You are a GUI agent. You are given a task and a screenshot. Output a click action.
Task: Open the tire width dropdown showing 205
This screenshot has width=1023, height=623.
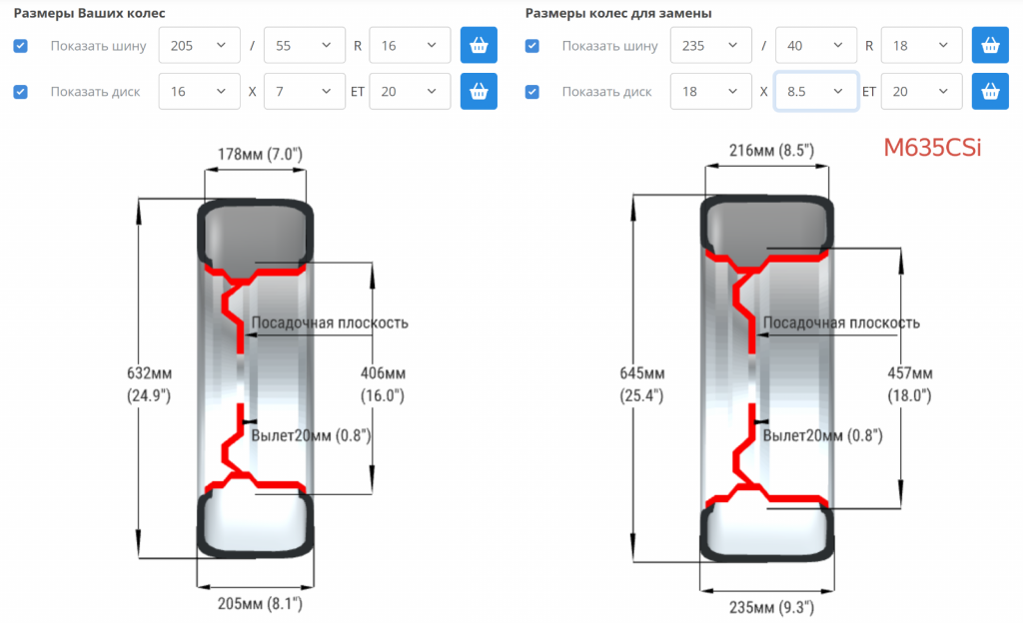[x=199, y=46]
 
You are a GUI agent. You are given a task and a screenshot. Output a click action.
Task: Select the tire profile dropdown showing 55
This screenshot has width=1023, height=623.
[x=304, y=46]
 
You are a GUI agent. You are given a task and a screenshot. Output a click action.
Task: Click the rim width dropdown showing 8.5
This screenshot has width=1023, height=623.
[x=815, y=91]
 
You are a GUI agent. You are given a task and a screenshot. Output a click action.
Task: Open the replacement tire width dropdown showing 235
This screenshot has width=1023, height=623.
[x=710, y=46]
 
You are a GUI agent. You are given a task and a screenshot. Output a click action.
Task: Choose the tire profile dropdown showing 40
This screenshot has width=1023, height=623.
[x=815, y=46]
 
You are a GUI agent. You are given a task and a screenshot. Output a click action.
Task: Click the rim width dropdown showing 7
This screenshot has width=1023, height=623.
[x=304, y=91]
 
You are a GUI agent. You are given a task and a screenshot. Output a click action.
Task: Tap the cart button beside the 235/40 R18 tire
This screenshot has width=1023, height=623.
[x=990, y=45]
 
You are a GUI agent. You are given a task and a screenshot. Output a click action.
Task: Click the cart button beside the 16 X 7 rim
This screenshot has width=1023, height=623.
[x=479, y=91]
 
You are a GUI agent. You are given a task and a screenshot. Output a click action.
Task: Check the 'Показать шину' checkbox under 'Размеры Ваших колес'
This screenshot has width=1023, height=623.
[x=21, y=46]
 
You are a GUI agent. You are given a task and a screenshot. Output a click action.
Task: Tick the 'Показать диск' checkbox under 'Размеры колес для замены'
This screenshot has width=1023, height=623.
[x=532, y=92]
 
